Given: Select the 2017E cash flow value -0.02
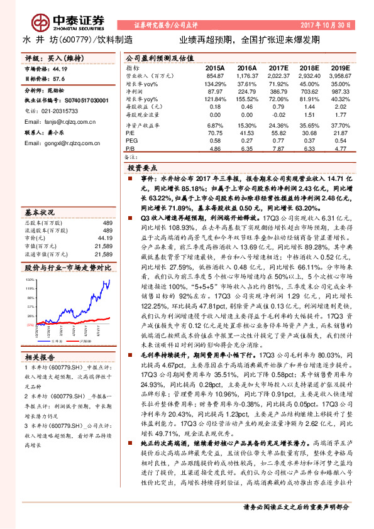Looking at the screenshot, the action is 278,115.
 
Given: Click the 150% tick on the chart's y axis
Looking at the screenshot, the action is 30,278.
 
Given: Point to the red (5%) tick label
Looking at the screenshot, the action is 30,324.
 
